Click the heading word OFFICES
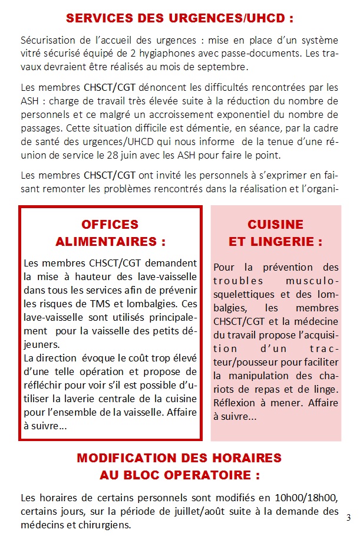pyautogui.click(x=110, y=225)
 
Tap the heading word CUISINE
pyautogui.click(x=275, y=225)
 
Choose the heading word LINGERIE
pyautogui.click(x=287, y=242)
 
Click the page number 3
pyautogui.click(x=348, y=518)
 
